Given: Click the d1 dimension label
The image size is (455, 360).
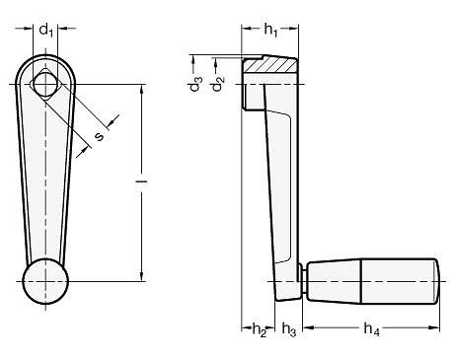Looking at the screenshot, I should (45, 31).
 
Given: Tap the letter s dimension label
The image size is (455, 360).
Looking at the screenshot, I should (99, 136).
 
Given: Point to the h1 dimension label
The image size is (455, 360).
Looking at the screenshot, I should (269, 31).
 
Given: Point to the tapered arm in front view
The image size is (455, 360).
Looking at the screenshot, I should (45, 178).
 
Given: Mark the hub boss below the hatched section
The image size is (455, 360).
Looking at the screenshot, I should (244, 97).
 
